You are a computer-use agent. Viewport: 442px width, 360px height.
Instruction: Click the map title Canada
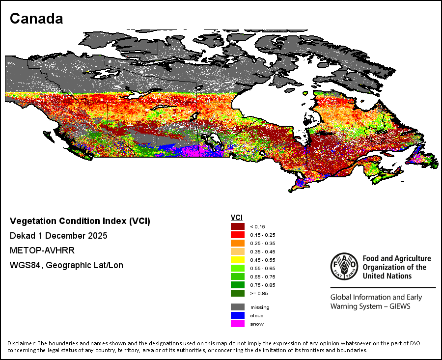tap(36, 19)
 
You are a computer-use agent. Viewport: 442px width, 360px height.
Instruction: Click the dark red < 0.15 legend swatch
tap(238, 226)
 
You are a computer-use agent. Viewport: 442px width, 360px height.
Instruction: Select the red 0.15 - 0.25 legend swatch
tap(238, 235)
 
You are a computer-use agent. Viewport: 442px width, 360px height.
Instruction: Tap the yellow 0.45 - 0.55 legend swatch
tap(238, 260)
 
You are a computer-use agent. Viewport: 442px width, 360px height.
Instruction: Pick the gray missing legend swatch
tap(238, 307)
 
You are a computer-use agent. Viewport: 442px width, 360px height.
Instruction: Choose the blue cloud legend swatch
tap(238, 315)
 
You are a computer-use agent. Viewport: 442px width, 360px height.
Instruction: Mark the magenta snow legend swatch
tap(238, 324)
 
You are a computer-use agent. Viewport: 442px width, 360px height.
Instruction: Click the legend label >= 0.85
tap(259, 294)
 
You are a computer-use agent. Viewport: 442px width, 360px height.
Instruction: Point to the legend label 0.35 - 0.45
tap(263, 252)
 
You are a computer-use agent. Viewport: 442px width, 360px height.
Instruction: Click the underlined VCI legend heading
tap(237, 218)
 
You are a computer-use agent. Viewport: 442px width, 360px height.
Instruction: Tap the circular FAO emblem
tap(344, 266)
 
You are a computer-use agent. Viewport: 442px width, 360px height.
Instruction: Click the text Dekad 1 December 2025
tap(58, 236)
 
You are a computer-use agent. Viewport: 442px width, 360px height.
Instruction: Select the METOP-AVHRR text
tap(42, 250)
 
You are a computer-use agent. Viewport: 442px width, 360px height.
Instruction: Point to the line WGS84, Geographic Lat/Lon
tap(66, 265)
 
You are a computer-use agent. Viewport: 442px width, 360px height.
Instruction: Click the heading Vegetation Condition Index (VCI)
tap(80, 221)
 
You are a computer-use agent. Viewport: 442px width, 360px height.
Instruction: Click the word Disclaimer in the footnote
tap(22, 343)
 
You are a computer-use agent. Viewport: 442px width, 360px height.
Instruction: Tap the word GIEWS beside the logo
tap(400, 306)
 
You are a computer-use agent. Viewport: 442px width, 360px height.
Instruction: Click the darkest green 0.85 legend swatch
tap(238, 293)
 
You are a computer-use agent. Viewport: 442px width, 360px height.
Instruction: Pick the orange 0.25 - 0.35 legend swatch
tap(238, 243)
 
